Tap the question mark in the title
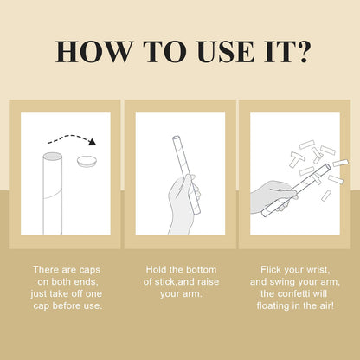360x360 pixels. pyautogui.click(x=303, y=52)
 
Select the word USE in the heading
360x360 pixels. pyautogui.click(x=227, y=52)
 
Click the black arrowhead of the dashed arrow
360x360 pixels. pyautogui.click(x=93, y=142)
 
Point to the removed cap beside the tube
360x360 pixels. pyautogui.click(x=87, y=161)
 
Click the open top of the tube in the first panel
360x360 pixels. pyautogui.click(x=53, y=157)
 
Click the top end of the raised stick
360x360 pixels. pyautogui.click(x=176, y=138)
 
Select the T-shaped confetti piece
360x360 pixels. pyautogui.click(x=297, y=158)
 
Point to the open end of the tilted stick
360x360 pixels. pyautogui.click(x=327, y=167)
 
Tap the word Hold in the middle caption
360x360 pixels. pyautogui.click(x=157, y=270)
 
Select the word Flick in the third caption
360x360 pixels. pyautogui.click(x=271, y=270)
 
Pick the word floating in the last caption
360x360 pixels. pyautogui.click(x=273, y=305)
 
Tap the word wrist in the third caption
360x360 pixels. pyautogui.click(x=317, y=270)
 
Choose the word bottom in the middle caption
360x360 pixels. pyautogui.click(x=201, y=270)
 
